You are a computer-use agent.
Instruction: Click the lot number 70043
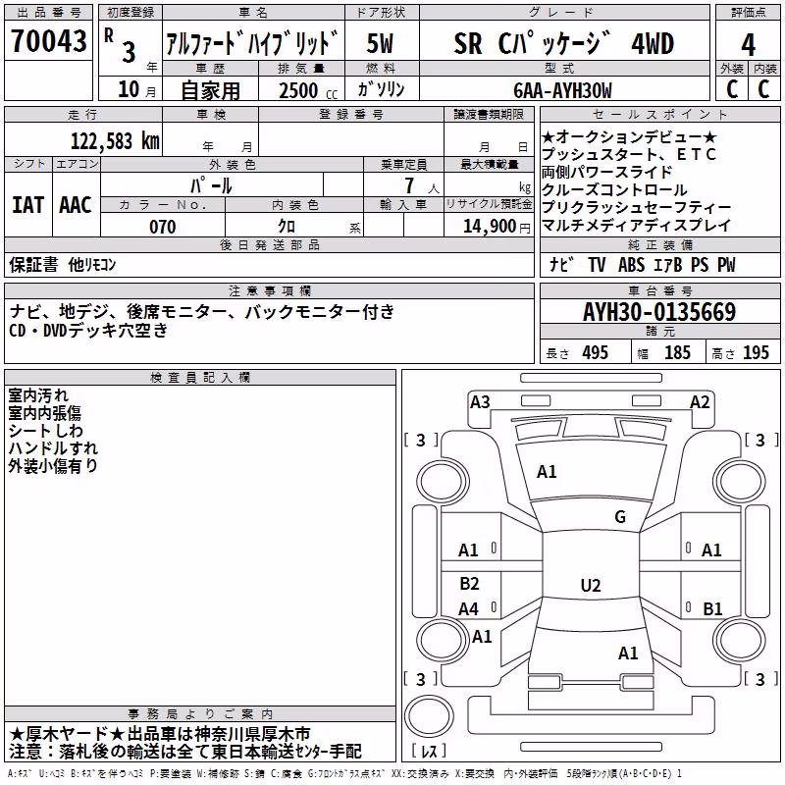(48, 41)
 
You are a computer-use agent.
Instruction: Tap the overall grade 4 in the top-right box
(748, 44)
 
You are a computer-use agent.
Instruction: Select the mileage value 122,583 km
(115, 140)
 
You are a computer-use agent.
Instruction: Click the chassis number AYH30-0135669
(659, 312)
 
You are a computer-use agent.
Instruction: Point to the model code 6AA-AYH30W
(562, 90)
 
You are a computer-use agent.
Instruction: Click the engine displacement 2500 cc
(308, 90)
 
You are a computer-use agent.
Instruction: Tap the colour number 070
(162, 227)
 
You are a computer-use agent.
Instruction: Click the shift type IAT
(28, 205)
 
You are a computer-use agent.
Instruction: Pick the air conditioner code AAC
(76, 205)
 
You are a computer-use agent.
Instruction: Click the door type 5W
(380, 43)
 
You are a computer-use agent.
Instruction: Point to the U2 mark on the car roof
(591, 585)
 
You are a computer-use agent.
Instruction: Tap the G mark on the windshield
(620, 517)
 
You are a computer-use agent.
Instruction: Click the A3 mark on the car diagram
(480, 402)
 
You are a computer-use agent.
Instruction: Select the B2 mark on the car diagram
(469, 583)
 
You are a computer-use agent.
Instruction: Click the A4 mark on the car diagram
(469, 609)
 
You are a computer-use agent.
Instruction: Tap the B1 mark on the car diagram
(712, 608)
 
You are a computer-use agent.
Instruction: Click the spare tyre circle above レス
(428, 716)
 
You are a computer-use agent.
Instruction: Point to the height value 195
(756, 352)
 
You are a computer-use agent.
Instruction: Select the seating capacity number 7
(409, 185)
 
